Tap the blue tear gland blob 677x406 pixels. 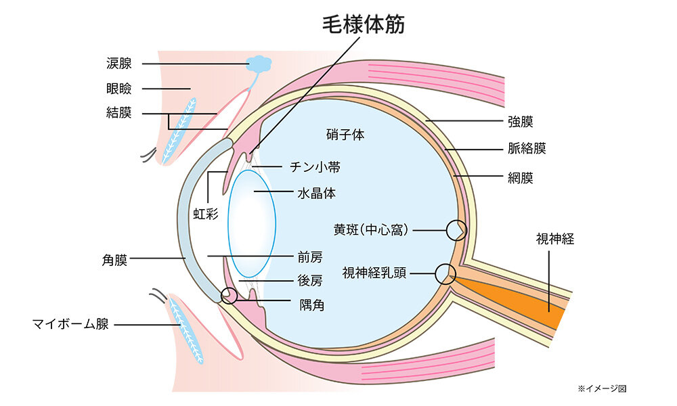coord(259,64)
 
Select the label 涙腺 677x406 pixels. coord(119,64)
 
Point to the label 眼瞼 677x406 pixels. coord(119,89)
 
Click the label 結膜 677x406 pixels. coord(119,113)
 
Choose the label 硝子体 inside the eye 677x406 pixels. coord(345,135)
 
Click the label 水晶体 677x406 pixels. coord(316,193)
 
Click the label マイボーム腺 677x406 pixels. coord(70,324)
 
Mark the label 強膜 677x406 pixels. coord(521,122)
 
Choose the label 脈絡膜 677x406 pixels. coord(527,149)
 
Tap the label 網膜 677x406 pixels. coord(521,179)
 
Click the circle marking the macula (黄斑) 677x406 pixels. coord(456,231)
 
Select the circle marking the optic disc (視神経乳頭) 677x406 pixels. coord(445,273)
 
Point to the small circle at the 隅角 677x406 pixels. coord(230,296)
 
